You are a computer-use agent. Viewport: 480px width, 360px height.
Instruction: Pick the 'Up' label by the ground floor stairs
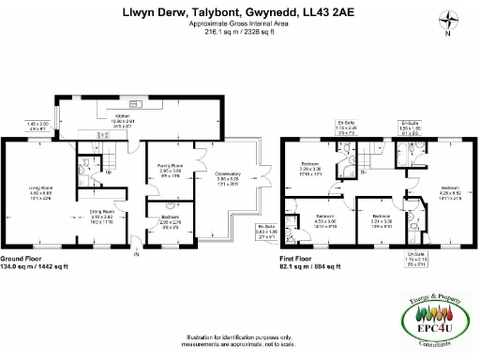110,172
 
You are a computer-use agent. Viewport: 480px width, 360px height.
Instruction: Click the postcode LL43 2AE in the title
326,13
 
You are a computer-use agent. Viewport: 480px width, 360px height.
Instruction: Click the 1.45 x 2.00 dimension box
37,127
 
